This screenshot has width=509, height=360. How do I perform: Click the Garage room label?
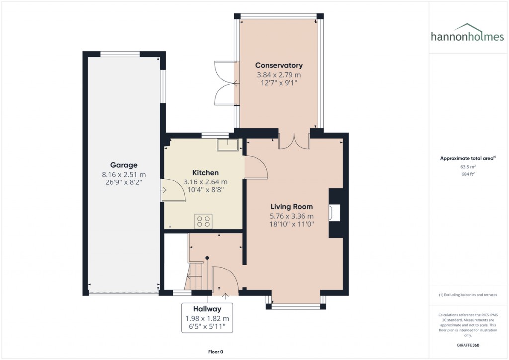pyautogui.click(x=123, y=165)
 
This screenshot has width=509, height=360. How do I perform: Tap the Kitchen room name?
pyautogui.click(x=205, y=173)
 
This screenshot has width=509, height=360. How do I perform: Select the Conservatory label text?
pyautogui.click(x=279, y=65)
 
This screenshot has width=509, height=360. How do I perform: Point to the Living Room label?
pyautogui.click(x=292, y=206)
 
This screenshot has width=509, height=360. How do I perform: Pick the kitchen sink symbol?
pyautogui.click(x=229, y=144)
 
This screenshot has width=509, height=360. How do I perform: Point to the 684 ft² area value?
pyautogui.click(x=467, y=174)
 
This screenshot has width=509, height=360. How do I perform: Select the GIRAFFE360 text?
pyautogui.click(x=467, y=345)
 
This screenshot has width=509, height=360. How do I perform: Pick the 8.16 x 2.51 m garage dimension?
pyautogui.click(x=124, y=174)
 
